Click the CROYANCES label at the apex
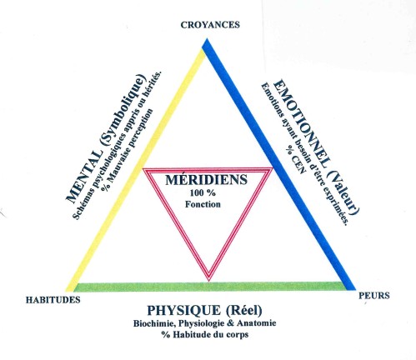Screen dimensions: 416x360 [x=210, y=25]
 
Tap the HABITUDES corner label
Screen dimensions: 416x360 [x=53, y=300]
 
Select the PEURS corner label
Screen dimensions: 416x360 [x=374, y=296]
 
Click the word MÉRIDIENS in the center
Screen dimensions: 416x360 [x=206, y=180]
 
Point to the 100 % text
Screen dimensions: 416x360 [x=203, y=192]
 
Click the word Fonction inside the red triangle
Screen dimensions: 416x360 [x=203, y=204]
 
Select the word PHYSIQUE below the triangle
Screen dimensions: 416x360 [x=184, y=310]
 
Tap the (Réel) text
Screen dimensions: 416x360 [x=244, y=311]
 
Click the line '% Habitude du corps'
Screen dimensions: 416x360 [x=205, y=334]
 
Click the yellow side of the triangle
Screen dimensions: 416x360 [x=136, y=169]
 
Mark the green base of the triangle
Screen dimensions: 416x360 [x=211, y=287]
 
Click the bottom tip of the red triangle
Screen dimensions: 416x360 [x=208, y=281]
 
